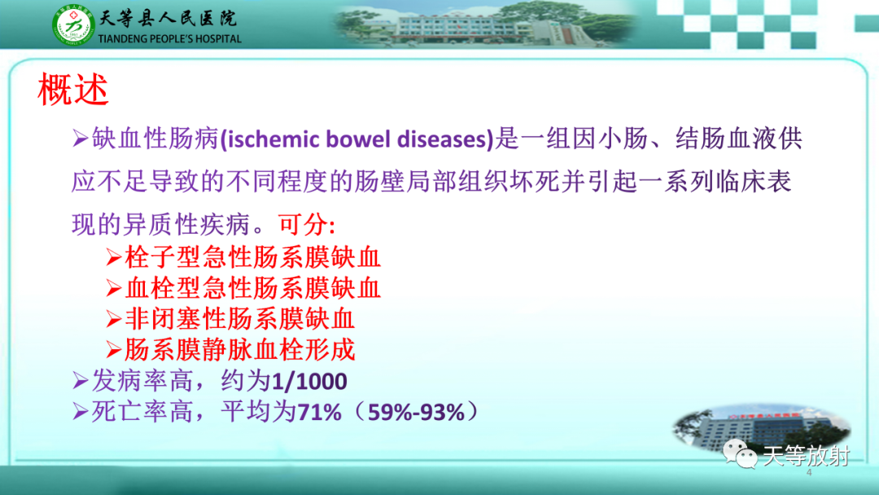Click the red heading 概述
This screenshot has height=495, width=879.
73,90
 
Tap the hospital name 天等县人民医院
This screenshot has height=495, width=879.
167,17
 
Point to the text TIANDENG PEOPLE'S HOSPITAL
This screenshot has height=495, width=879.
169,38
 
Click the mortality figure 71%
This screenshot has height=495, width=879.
319,412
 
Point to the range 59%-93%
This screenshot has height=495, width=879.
416,412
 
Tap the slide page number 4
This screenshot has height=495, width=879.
809,473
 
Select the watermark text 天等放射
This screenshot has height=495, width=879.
806,455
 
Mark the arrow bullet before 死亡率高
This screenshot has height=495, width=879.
80,412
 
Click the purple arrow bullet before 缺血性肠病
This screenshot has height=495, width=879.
80,139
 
